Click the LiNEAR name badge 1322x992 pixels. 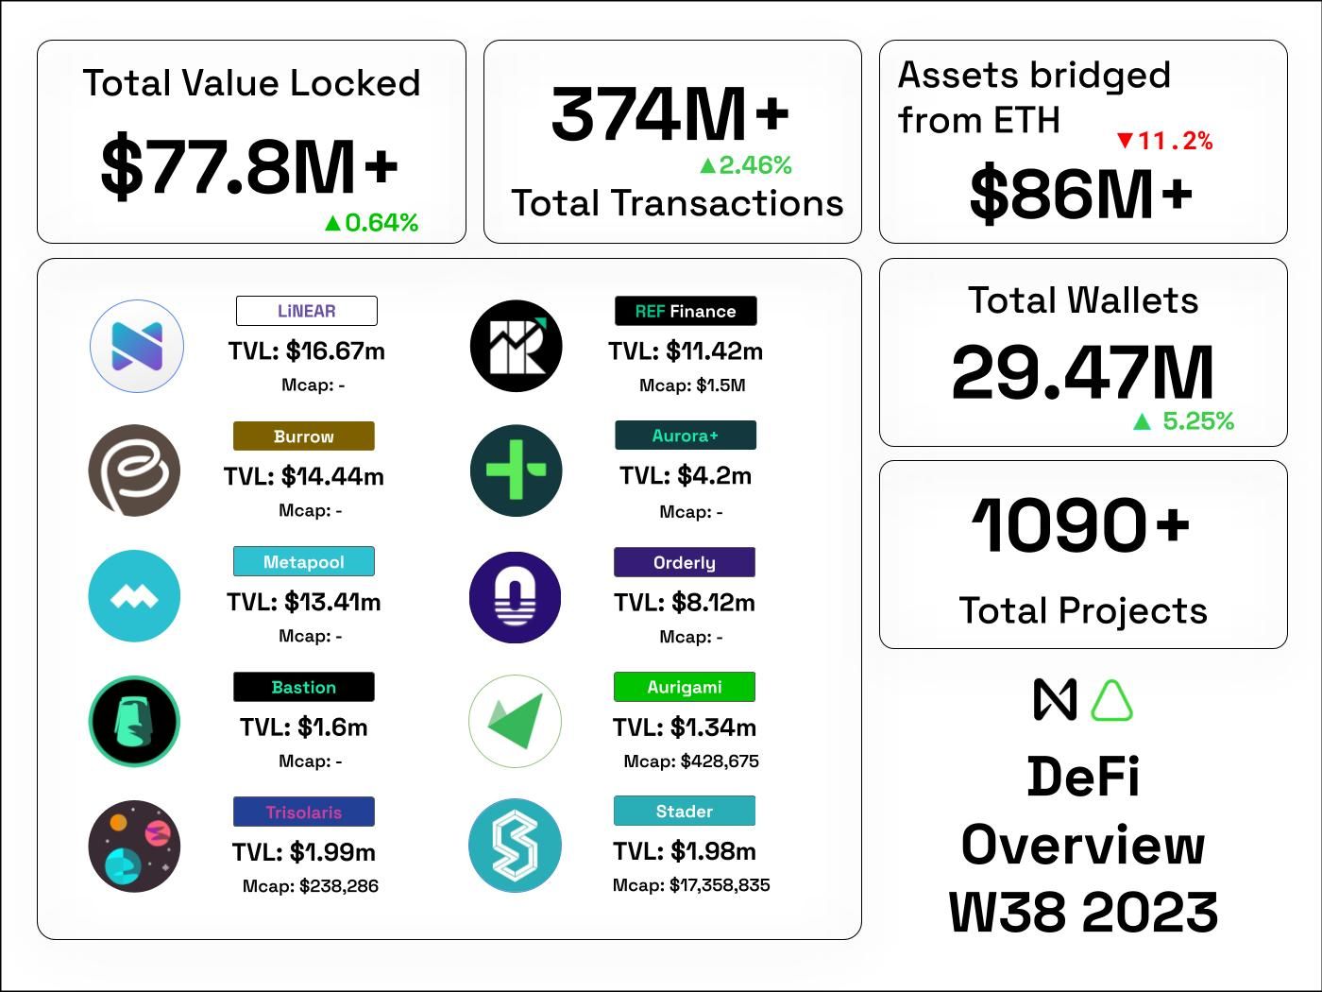point(306,311)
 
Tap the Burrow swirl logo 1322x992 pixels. point(134,470)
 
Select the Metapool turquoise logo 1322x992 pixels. point(134,596)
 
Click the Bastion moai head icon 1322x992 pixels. point(134,721)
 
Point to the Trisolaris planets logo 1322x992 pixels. point(134,847)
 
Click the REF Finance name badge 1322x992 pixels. point(685,311)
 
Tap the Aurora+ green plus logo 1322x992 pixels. point(516,470)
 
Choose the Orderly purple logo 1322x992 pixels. point(516,597)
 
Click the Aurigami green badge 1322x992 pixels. point(685,687)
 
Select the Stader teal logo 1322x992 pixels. point(516,847)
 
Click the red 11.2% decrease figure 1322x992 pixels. point(1165,141)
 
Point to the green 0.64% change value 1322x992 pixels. point(371,223)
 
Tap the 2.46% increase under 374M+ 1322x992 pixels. point(745,165)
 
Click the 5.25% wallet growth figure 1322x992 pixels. point(1184,421)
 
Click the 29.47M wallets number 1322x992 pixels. point(1082,372)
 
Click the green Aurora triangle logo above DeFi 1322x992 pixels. point(1111,701)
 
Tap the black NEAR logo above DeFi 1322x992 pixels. point(1055,700)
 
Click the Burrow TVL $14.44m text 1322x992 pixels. point(304,476)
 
